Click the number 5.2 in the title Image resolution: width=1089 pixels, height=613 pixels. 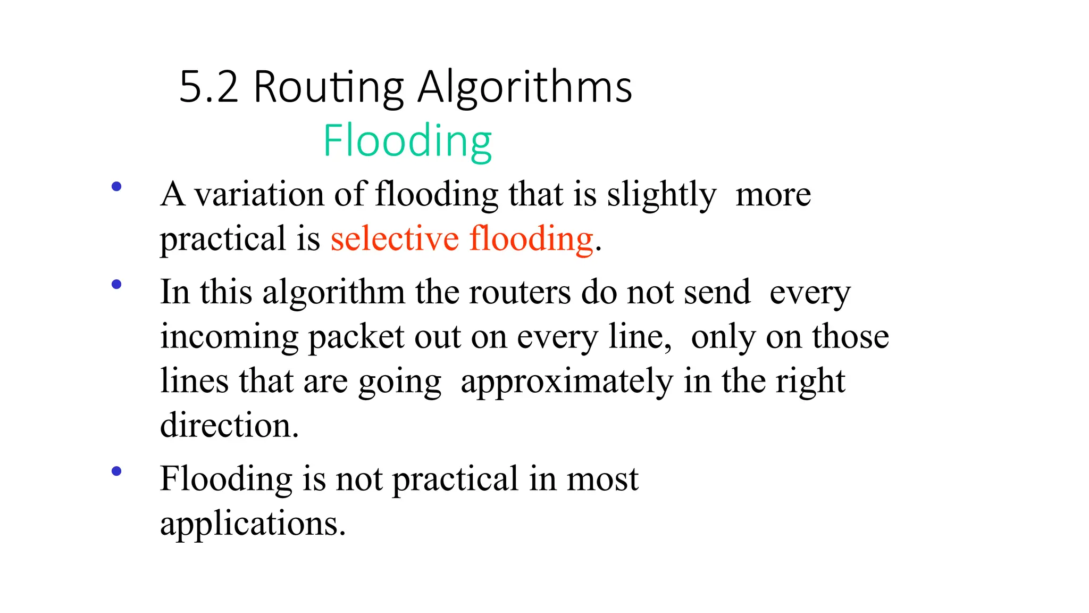coord(208,87)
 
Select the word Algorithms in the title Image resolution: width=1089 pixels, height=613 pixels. coord(525,87)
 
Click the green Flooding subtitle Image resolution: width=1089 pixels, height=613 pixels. coord(407,141)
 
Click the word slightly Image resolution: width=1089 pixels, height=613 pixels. coord(661,195)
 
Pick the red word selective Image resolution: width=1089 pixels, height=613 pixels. coord(394,238)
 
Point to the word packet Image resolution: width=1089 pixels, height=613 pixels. coord(356,337)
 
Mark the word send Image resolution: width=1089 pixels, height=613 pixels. coord(717,292)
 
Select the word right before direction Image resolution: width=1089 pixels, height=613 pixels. coord(810,382)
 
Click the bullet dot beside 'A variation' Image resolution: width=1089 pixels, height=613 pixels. coord(116,187)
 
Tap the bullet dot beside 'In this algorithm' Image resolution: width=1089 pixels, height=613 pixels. coord(116,285)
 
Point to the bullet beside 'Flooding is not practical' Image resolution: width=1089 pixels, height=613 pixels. coord(116,471)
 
